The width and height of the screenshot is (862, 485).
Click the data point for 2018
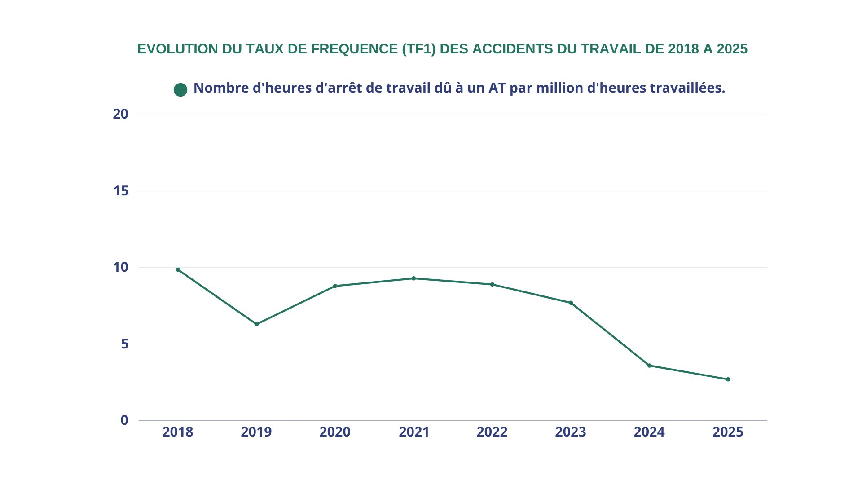coord(178,270)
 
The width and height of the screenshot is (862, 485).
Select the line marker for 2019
coord(256,324)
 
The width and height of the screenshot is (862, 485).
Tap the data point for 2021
coord(413,278)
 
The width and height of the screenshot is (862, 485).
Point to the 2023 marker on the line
coord(571,303)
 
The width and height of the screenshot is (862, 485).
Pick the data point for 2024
coord(649,366)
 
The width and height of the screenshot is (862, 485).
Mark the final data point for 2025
coord(728,379)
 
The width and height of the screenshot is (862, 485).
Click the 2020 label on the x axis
coord(334,432)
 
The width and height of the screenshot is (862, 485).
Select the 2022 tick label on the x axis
coord(492,432)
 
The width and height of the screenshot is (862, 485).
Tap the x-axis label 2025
coord(728,432)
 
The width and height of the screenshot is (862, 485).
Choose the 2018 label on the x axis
coord(177,432)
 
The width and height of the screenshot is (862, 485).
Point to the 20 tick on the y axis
coord(120,114)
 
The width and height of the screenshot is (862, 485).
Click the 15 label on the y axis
coord(121,191)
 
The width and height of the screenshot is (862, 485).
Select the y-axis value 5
coord(124,344)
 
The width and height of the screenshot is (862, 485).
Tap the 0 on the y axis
coord(124,420)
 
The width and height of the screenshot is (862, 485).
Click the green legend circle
coord(180,90)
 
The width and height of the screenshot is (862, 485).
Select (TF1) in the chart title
coord(419,49)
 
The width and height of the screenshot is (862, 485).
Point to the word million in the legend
coord(560,88)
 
